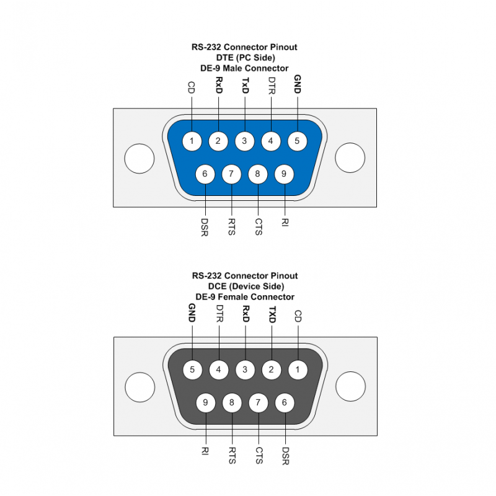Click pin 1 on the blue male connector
(192, 141)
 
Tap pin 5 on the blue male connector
(297, 141)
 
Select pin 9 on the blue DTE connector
(284, 174)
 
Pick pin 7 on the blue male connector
(231, 174)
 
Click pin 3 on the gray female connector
(245, 370)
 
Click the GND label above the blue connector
(297, 85)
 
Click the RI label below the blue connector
(284, 221)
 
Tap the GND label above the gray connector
(192, 314)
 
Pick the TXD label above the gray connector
(271, 314)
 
